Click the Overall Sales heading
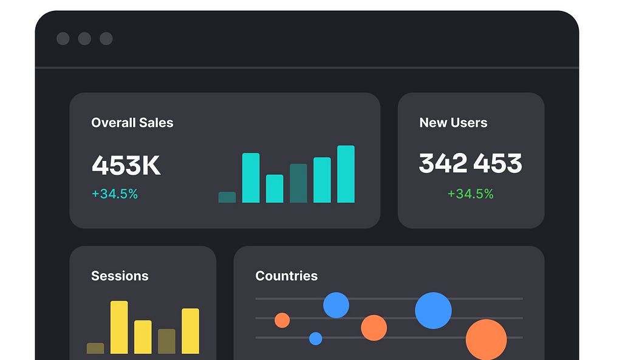click(132, 123)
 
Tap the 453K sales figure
click(126, 165)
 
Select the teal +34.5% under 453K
click(115, 194)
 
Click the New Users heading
click(453, 123)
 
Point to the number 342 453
click(471, 163)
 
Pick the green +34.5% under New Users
click(471, 194)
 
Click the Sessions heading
click(120, 276)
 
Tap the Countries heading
click(287, 276)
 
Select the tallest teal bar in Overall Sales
click(346, 174)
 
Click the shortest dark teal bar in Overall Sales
click(227, 197)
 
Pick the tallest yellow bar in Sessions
click(119, 327)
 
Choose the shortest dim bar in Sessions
click(95, 348)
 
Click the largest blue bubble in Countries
click(433, 310)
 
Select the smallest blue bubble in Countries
click(316, 339)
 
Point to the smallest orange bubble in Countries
click(282, 321)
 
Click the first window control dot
click(63, 39)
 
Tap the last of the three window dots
click(106, 39)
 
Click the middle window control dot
click(84, 39)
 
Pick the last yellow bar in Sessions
click(190, 331)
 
